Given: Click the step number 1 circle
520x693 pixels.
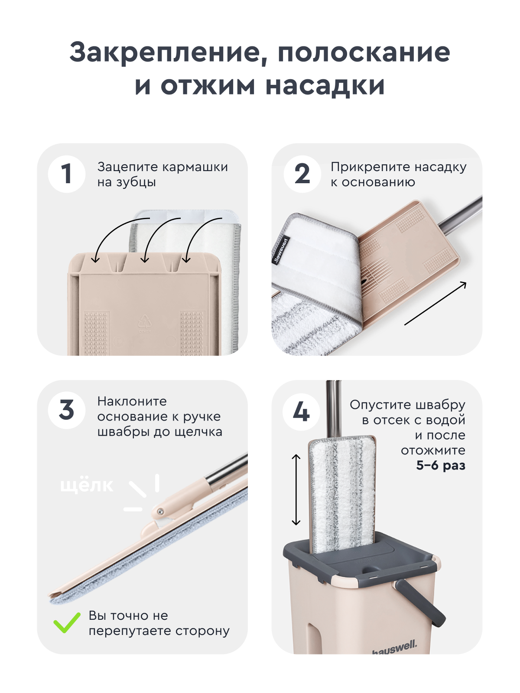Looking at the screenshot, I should tap(66, 174).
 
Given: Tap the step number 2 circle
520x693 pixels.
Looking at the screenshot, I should tap(302, 174).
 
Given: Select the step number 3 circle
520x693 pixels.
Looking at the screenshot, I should tap(66, 410).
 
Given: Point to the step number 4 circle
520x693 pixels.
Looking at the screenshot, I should tap(301, 411).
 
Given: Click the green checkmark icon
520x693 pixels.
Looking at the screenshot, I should tap(67, 623).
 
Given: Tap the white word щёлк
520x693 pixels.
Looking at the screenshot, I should tap(87, 485).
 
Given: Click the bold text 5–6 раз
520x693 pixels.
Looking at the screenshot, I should tap(440, 466).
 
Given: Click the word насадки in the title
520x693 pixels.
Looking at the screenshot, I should tap(325, 85).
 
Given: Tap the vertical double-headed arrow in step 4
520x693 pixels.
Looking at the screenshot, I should tap(296, 489).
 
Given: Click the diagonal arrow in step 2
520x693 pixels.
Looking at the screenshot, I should tap(435, 303).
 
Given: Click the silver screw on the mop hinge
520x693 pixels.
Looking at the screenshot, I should tap(160, 512).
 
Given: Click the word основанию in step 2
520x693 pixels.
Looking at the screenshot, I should tap(378, 182).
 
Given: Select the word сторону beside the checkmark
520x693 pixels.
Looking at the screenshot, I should tap(202, 631).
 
